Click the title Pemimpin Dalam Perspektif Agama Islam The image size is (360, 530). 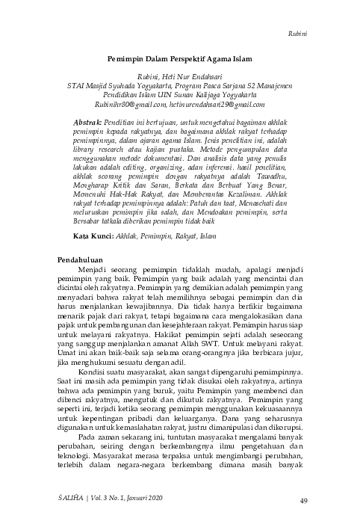[179, 57]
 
